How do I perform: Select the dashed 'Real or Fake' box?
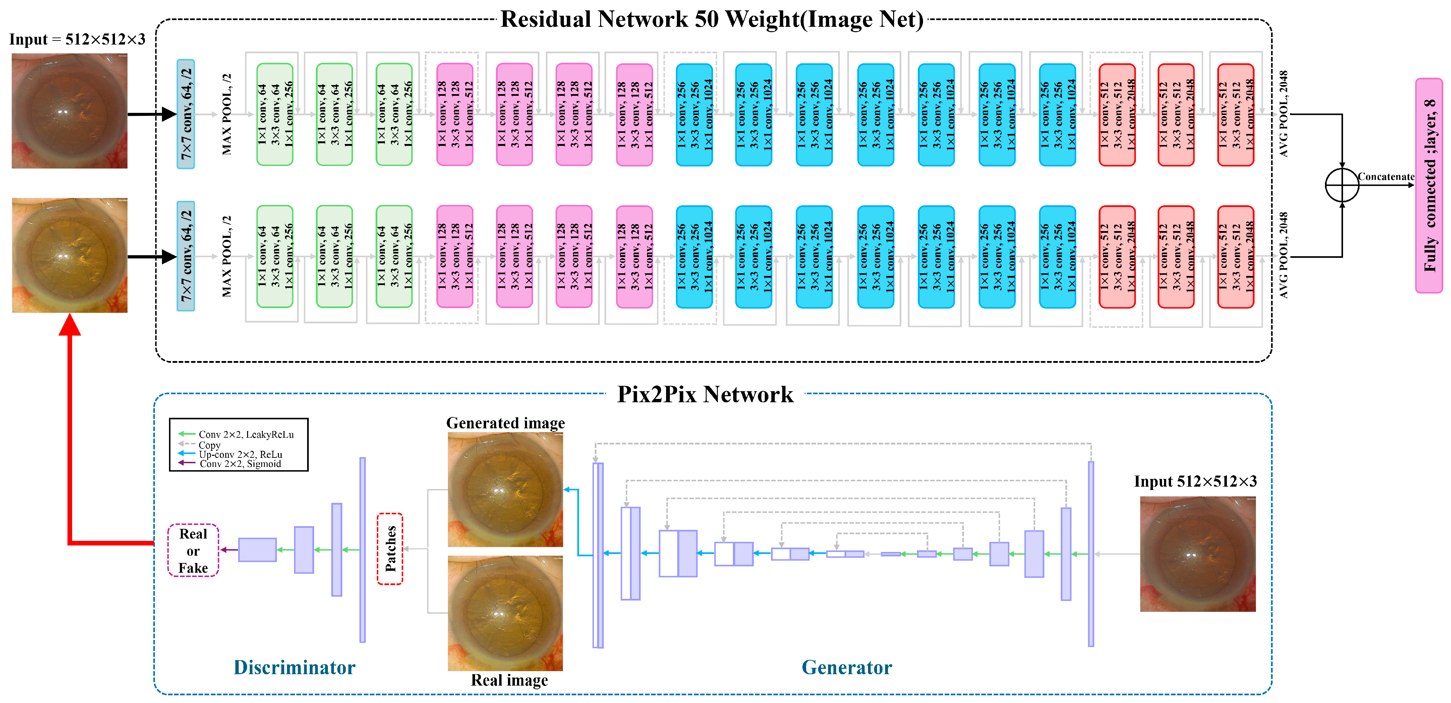pos(193,551)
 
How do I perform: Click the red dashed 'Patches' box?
pos(390,549)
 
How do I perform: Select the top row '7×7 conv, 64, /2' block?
pos(186,114)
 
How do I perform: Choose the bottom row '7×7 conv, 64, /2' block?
pos(186,256)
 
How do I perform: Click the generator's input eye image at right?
pos(1198,554)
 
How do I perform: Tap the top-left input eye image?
pos(70,111)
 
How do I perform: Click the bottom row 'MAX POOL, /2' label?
pos(226,256)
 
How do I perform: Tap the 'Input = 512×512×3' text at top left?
pos(77,40)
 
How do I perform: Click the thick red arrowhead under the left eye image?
pos(70,325)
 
